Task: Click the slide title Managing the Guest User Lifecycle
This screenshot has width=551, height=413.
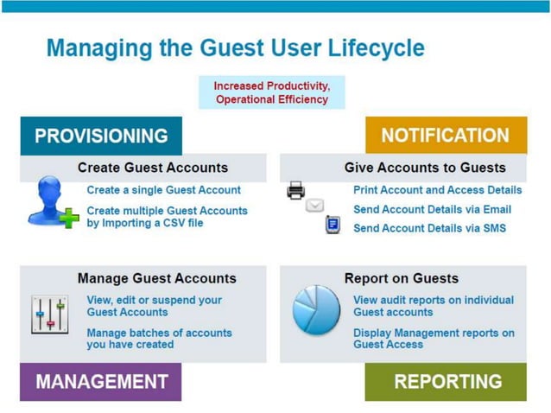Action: click(x=235, y=48)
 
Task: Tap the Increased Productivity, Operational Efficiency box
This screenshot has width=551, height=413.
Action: click(x=271, y=92)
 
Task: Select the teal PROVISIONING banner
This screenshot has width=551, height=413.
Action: click(x=101, y=136)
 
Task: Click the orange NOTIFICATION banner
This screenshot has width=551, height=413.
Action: click(x=445, y=136)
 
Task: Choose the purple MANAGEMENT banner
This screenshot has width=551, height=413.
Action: click(x=101, y=381)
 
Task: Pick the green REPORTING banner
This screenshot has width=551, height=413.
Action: click(x=445, y=381)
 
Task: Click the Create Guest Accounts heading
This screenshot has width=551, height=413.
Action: click(x=152, y=168)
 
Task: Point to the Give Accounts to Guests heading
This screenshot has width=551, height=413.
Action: click(x=425, y=168)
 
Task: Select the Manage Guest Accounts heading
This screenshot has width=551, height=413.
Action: click(x=156, y=278)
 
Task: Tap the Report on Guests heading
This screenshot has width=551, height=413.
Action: click(x=401, y=278)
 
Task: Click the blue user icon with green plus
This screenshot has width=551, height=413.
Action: click(x=52, y=202)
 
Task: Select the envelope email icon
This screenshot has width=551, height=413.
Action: click(x=315, y=206)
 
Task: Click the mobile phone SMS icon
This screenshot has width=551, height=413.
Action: click(x=332, y=225)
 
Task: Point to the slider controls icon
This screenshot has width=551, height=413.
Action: click(x=49, y=315)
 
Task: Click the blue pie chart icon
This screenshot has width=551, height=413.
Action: click(x=316, y=311)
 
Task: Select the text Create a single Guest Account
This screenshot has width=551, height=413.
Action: click(x=163, y=190)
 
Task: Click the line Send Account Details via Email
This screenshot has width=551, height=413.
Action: click(x=432, y=209)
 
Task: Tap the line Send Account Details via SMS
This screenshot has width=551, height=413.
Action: click(x=429, y=228)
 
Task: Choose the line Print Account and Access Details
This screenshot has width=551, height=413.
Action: click(x=437, y=190)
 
